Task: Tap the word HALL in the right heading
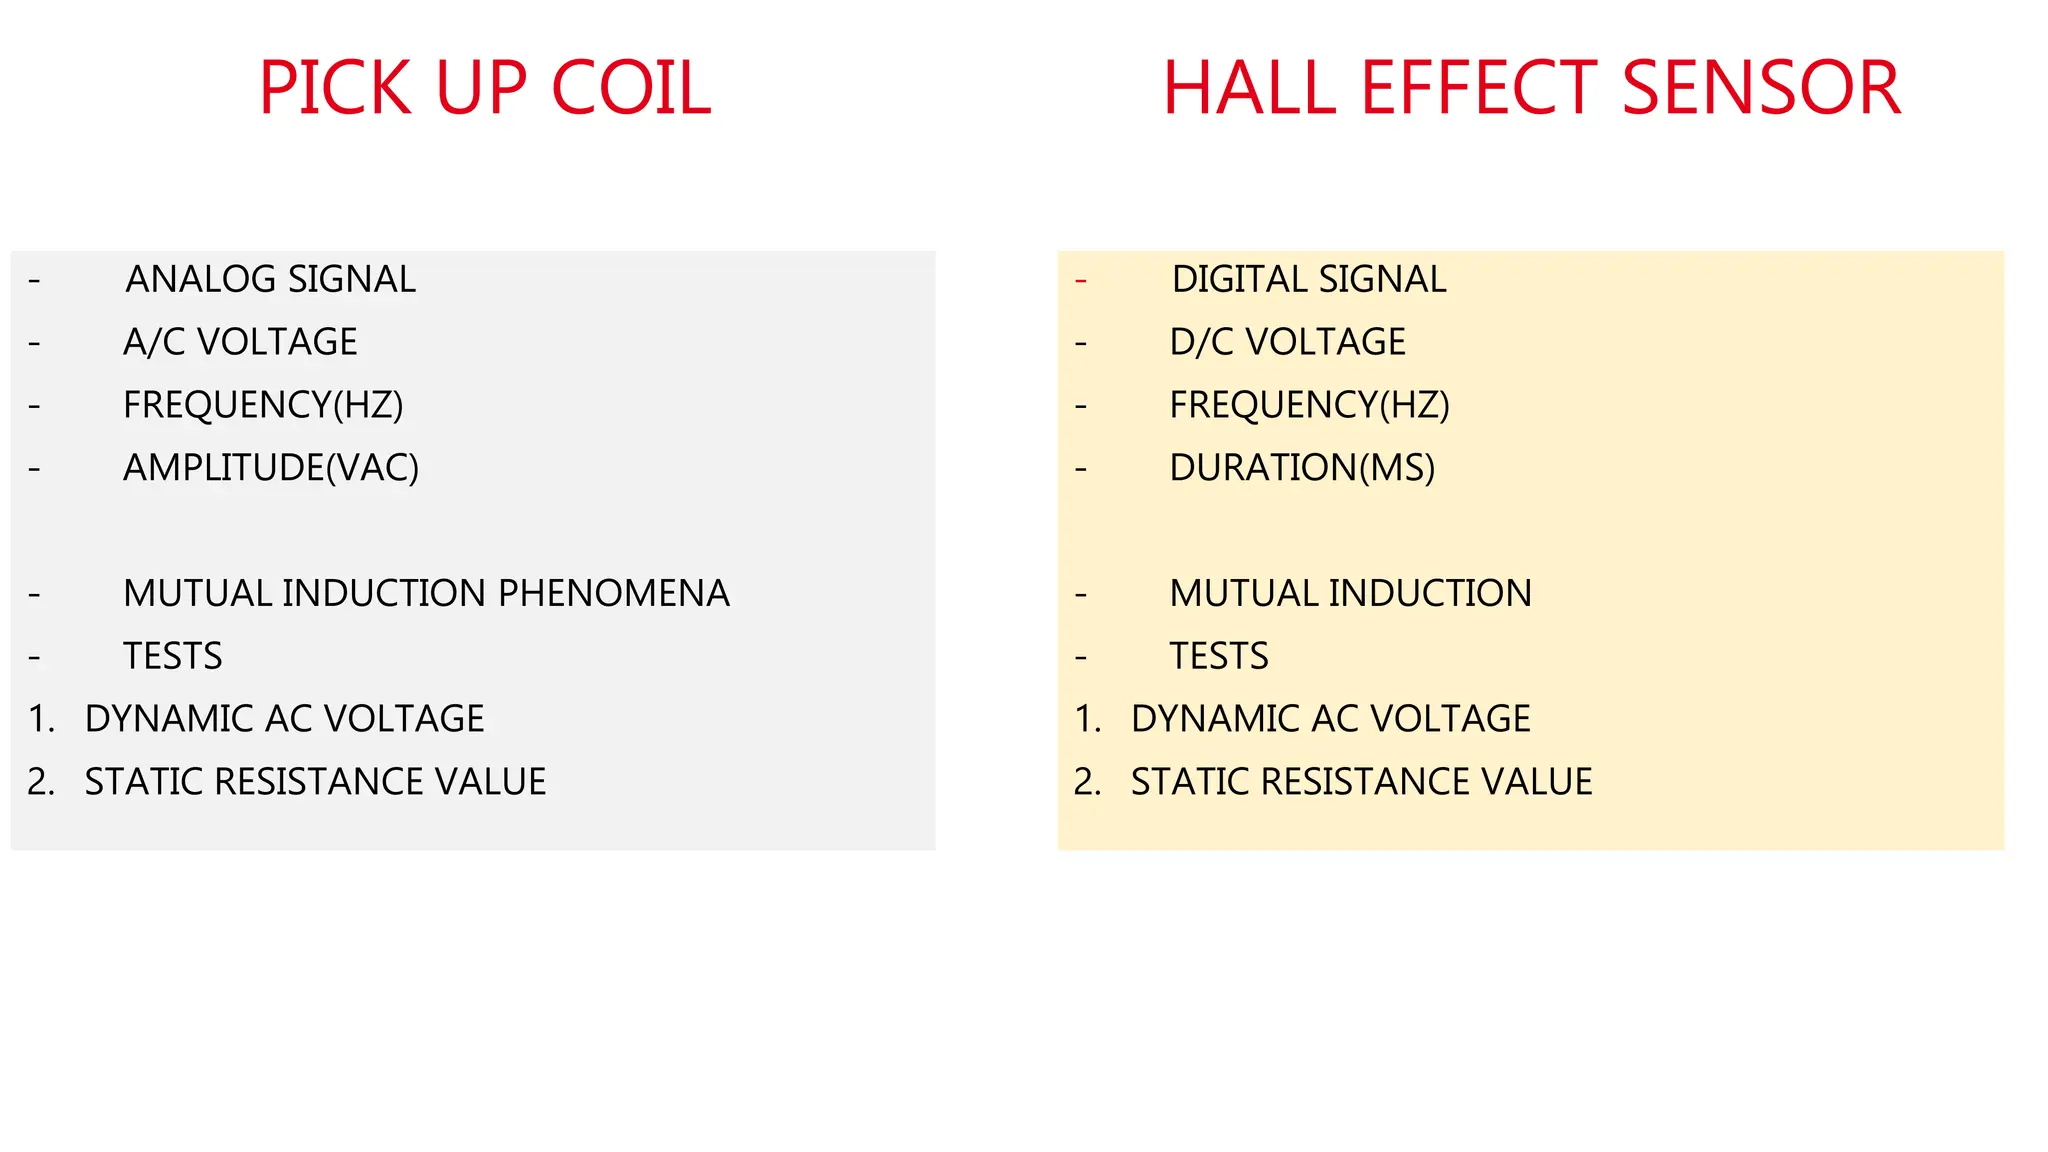(1249, 88)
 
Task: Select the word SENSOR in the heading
(1760, 88)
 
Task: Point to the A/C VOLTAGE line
(240, 342)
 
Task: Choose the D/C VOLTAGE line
(1287, 342)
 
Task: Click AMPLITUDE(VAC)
(270, 468)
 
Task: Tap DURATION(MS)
(1302, 468)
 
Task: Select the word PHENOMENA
(613, 593)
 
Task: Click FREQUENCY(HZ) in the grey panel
(263, 405)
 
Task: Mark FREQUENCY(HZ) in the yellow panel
(1309, 405)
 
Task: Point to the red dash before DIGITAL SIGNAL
(1081, 281)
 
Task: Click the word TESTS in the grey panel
(172, 656)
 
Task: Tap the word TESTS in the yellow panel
(1219, 656)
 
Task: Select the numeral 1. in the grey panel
(41, 719)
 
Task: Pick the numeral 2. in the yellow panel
(1087, 782)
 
